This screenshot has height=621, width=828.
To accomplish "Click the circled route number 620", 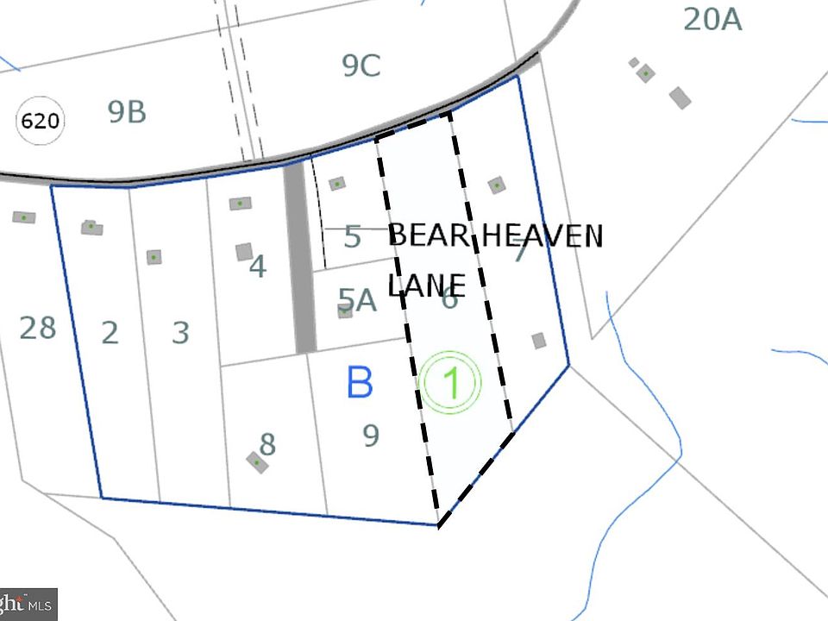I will click(40, 121).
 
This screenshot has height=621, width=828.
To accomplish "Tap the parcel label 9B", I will click(127, 112).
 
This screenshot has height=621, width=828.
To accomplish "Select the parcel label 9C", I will click(361, 66).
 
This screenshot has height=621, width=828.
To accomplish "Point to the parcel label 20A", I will click(712, 19).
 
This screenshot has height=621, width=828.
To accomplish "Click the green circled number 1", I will click(450, 383).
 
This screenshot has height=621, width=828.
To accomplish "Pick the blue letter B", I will click(360, 382).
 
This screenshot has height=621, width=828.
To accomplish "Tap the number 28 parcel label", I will click(37, 328).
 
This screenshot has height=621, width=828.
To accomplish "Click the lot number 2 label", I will click(110, 332).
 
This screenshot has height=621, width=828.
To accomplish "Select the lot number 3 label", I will click(179, 332).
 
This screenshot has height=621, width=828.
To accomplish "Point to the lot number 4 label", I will click(257, 267).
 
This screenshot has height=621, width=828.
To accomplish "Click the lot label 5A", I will click(357, 300).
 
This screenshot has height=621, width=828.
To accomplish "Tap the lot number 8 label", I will click(267, 444).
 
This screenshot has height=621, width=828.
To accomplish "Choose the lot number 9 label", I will click(371, 436).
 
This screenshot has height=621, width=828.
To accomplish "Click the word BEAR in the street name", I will click(429, 235).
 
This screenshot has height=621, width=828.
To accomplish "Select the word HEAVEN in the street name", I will click(540, 235).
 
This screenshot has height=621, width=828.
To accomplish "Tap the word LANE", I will click(427, 285).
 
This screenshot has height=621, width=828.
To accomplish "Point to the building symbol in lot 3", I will click(154, 257).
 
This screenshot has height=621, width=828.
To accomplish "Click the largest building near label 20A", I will click(681, 97).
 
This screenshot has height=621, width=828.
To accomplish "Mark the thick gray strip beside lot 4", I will click(300, 259).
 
